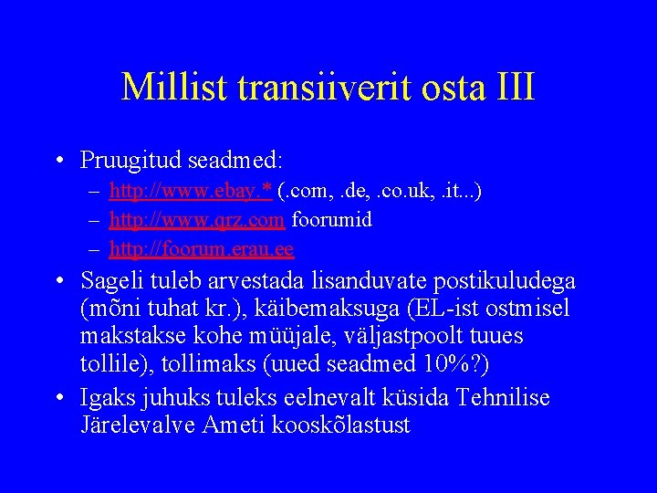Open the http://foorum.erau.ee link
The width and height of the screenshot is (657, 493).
[x=201, y=247]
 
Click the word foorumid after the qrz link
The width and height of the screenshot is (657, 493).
[x=332, y=219]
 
